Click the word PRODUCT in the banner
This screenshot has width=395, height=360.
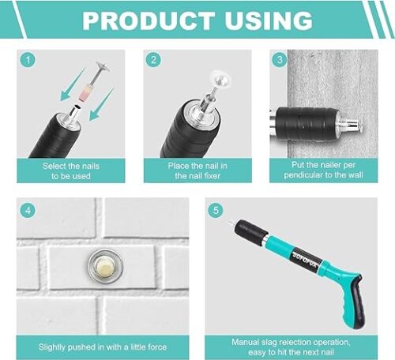click(149, 21)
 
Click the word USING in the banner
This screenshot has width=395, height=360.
click(269, 21)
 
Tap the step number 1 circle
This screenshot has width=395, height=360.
click(28, 60)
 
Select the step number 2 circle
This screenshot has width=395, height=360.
click(153, 60)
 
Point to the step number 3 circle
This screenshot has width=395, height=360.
click(280, 60)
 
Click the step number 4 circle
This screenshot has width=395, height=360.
click(28, 211)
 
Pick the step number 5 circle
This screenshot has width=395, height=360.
click(216, 211)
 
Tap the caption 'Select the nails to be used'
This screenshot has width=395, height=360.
click(71, 171)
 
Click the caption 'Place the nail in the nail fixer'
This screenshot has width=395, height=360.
click(197, 171)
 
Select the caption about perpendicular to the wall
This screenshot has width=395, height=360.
click(323, 170)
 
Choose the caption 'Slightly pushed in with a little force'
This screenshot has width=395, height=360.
click(103, 347)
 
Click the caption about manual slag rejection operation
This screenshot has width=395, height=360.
click(291, 347)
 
